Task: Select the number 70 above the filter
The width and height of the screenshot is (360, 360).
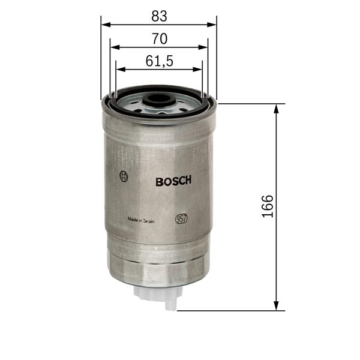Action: click(159, 38)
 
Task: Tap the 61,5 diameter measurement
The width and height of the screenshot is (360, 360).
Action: click(159, 61)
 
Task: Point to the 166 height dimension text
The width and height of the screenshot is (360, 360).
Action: click(268, 206)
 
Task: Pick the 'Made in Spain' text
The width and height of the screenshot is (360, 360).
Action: click(141, 220)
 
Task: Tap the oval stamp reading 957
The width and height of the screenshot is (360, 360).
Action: click(181, 219)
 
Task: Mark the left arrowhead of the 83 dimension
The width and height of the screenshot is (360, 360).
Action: click(105, 25)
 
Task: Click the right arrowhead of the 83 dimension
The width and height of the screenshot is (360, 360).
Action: click(212, 25)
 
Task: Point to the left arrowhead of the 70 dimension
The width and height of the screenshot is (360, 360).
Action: click(114, 47)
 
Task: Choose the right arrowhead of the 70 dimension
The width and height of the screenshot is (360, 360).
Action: click(203, 47)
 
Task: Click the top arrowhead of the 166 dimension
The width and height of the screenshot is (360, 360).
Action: click(277, 108)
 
